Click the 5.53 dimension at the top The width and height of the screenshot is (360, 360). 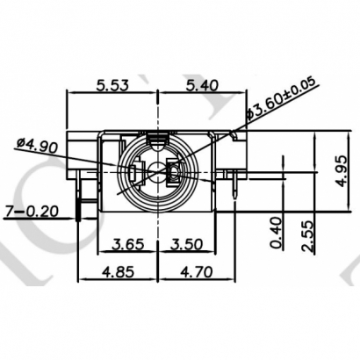115,85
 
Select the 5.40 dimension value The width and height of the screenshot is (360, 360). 201,85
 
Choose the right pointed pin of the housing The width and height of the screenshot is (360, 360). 235,186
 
